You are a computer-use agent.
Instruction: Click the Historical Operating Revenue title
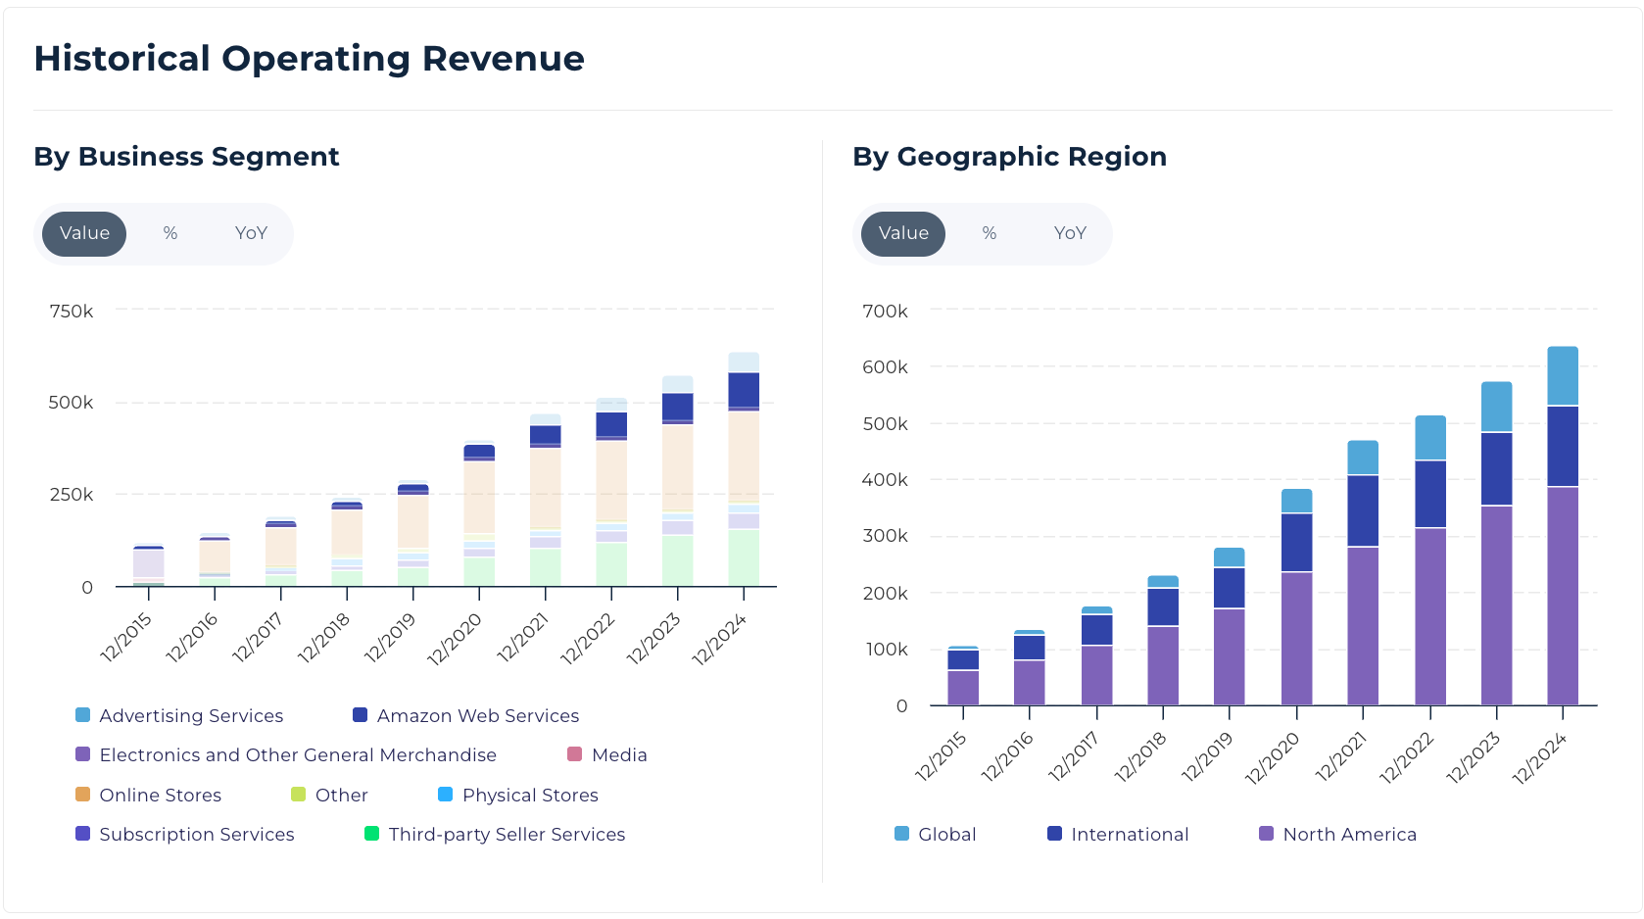point(309,59)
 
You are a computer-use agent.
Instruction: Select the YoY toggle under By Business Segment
point(251,233)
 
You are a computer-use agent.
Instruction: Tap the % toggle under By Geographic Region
point(989,233)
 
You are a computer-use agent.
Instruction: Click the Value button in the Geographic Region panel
point(902,233)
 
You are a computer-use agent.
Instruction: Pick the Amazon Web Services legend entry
point(466,716)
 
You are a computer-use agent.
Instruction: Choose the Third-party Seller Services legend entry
point(495,835)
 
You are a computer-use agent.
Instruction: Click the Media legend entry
point(607,755)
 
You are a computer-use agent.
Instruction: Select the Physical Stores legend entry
point(518,796)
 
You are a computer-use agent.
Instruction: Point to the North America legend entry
point(1338,835)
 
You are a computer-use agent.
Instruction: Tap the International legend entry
point(1118,835)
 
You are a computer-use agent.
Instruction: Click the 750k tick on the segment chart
point(72,312)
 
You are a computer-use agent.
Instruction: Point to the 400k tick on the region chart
point(885,480)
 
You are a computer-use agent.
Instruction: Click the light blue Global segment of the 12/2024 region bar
point(1563,376)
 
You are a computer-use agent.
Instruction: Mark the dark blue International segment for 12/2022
point(1430,494)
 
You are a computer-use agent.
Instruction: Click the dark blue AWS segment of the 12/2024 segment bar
point(744,390)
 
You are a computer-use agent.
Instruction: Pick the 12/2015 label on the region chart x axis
point(942,755)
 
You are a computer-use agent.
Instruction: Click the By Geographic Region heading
point(1009,157)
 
